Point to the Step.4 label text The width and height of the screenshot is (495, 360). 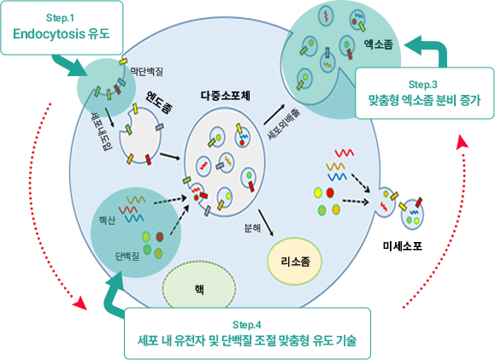247,324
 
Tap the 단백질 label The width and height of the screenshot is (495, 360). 127,257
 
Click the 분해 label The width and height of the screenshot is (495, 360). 252,227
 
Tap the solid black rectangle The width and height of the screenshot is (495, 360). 402,246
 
